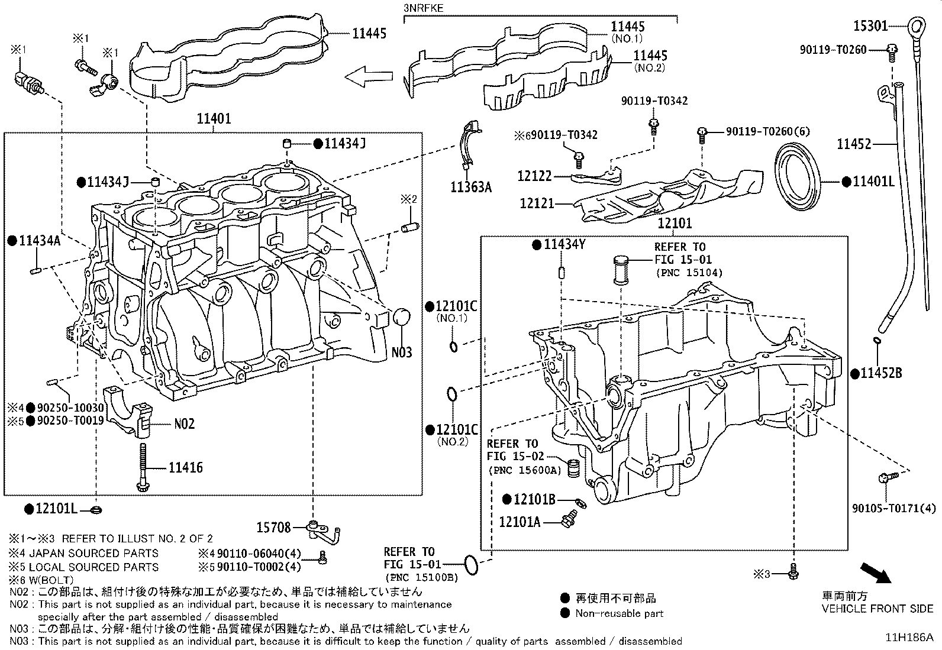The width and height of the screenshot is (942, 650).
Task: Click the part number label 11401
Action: [214, 119]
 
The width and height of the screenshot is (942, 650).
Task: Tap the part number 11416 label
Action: [185, 468]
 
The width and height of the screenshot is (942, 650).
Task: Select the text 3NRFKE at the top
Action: [423, 8]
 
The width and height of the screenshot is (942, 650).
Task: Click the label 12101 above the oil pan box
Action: [675, 224]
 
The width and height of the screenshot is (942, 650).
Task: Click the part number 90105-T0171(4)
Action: [893, 508]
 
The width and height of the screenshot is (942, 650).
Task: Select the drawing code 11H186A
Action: [909, 637]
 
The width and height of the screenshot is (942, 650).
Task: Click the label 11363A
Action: [471, 187]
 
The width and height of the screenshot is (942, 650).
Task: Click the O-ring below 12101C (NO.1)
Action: [454, 346]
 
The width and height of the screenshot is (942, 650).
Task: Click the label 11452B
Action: [880, 373]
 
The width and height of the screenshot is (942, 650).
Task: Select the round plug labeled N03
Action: [401, 317]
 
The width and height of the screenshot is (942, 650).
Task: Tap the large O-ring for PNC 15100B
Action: [471, 564]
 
